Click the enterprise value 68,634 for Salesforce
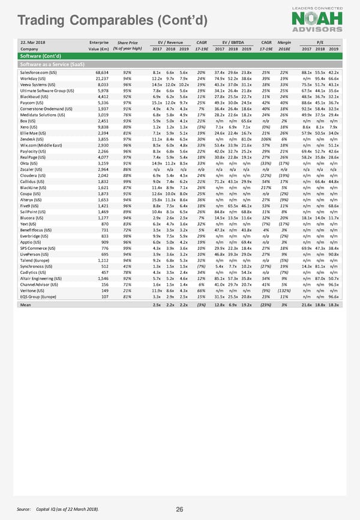[x=99, y=72]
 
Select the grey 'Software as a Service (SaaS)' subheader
[x=180, y=64]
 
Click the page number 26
[x=179, y=509]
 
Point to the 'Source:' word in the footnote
[x=25, y=509]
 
